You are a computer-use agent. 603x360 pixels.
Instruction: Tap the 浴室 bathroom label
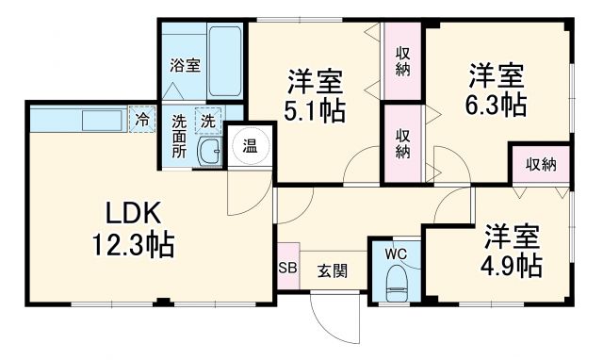185,65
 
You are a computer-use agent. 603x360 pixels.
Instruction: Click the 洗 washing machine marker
206,120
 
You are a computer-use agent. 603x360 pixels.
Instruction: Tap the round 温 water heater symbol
250,146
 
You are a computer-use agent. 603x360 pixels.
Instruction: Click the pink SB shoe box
286,269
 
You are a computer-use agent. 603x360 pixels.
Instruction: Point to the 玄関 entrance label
331,270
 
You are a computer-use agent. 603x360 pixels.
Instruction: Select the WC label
395,253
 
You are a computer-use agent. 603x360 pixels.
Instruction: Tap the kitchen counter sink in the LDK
97,122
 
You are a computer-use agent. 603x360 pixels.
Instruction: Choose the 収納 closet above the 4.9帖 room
541,164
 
